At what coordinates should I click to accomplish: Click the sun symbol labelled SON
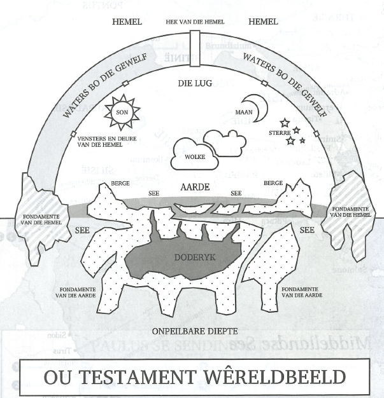(122, 113)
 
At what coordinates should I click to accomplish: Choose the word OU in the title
(57, 377)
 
